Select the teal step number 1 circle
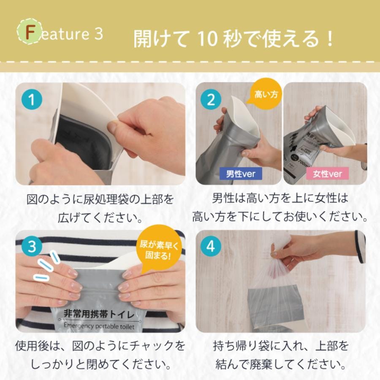point(32,99)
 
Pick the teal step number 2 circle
point(211,99)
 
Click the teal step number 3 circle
point(32,246)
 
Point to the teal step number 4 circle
point(211,246)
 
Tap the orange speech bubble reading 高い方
point(266,92)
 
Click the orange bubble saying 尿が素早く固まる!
point(159,250)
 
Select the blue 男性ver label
point(241,174)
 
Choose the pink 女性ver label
point(327,174)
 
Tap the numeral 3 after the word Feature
point(99,33)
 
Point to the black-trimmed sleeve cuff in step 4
point(360,247)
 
